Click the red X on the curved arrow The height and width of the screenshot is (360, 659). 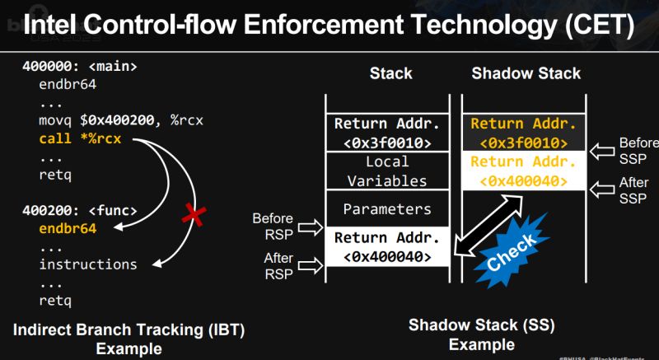pos(194,216)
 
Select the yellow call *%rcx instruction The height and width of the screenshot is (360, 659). pos(80,138)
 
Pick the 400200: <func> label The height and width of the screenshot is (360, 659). pos(79,210)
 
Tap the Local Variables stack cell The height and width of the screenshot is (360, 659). pos(386,171)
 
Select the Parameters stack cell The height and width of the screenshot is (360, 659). pos(386,209)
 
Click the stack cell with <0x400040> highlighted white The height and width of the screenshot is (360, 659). pos(386,247)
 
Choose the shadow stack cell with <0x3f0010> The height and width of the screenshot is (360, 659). pos(525,133)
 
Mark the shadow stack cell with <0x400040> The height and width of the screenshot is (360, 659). pos(525,171)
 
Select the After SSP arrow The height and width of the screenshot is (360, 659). pos(604,191)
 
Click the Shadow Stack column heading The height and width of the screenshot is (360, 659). pos(526,73)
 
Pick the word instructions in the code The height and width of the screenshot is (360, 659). pos(88,264)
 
